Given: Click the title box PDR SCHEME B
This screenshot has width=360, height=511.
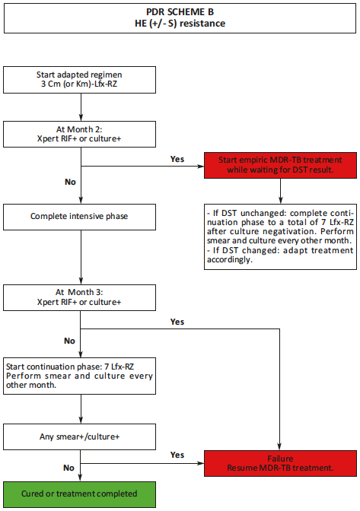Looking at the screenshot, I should click(180, 17).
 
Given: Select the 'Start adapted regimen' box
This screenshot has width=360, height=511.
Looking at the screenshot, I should click(80, 80).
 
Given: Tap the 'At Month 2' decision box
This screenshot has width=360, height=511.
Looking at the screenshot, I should click(80, 134).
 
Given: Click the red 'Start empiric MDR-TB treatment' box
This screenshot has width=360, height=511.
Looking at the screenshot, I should click(281, 165).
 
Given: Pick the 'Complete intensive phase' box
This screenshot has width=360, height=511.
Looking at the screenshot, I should click(80, 216).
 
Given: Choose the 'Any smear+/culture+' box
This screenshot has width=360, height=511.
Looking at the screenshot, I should click(80, 436).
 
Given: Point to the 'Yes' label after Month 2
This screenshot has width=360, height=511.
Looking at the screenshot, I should click(177, 160).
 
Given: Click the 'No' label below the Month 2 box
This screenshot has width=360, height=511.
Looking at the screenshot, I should click(69, 182).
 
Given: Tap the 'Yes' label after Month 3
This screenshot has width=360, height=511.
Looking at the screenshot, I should click(177, 322).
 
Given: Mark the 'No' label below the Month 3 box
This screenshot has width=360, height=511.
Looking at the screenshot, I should click(69, 341).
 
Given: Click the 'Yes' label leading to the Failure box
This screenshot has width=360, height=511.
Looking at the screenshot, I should click(177, 455).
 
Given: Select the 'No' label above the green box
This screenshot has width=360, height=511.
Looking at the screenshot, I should click(69, 468).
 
